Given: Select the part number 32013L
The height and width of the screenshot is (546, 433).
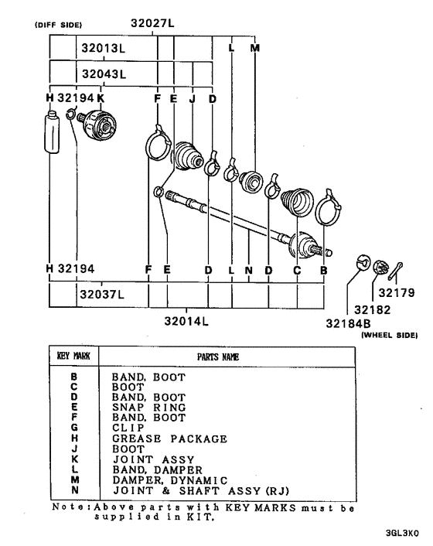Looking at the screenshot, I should click(x=104, y=48).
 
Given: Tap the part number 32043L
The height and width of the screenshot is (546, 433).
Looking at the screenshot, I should click(x=104, y=73).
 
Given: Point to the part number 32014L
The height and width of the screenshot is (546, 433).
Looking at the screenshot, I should click(x=187, y=320).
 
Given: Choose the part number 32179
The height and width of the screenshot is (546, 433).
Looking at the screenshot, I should click(x=397, y=293).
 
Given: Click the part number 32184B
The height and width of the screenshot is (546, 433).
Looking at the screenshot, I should click(x=373, y=324).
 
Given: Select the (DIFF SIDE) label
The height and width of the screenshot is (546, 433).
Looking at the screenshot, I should click(x=58, y=25).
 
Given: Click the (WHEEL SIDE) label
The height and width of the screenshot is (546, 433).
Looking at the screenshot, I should click(x=390, y=336).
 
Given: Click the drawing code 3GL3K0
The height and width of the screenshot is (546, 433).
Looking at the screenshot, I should click(x=404, y=534).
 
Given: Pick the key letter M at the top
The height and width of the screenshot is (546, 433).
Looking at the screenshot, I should click(x=256, y=48).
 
